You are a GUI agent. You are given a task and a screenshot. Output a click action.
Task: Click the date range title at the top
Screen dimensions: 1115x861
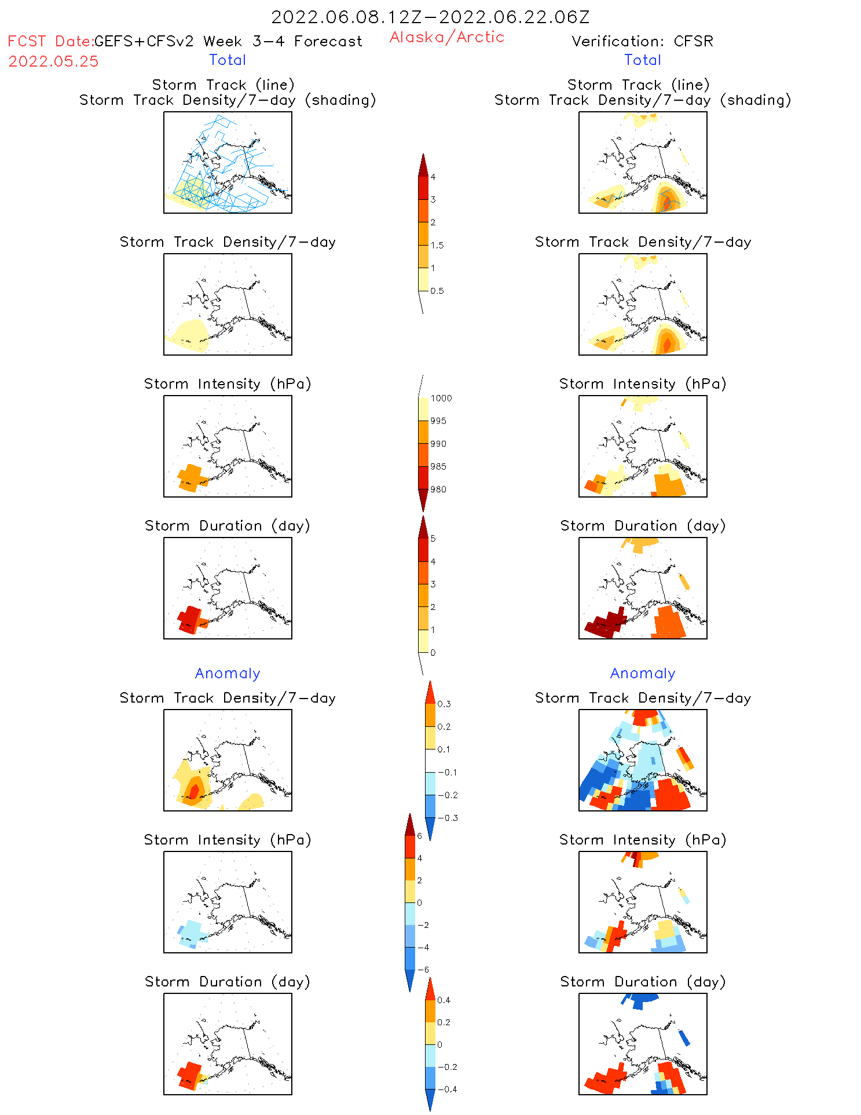(x=430, y=17)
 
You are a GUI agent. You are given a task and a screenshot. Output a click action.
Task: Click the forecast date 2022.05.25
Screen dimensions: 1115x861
(x=53, y=61)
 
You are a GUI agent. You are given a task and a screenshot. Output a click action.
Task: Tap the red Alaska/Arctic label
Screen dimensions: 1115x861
(x=446, y=37)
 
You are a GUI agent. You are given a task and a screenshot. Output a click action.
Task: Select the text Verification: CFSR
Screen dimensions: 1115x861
(x=642, y=41)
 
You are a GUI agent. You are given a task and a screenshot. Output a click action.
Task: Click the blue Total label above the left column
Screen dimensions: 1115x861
(x=228, y=60)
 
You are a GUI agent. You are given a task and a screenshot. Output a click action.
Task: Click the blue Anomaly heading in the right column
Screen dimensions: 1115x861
(x=643, y=673)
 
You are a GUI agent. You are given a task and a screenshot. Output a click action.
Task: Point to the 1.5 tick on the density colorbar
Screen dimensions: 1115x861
(x=437, y=245)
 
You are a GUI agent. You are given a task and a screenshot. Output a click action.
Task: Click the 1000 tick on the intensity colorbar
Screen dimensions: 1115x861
(x=441, y=398)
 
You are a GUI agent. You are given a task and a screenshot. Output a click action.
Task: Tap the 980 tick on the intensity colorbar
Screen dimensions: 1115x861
(x=438, y=489)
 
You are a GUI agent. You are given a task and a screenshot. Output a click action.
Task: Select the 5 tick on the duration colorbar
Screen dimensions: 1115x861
(x=433, y=539)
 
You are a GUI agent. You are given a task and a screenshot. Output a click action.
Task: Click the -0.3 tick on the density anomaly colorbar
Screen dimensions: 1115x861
(x=447, y=818)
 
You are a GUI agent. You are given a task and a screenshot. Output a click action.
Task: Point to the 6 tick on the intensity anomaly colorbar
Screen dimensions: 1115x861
(x=419, y=836)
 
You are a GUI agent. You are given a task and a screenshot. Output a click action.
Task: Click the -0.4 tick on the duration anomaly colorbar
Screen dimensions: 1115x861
(x=446, y=1089)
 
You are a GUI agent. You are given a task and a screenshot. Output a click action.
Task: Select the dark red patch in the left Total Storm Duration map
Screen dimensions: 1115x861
(x=189, y=619)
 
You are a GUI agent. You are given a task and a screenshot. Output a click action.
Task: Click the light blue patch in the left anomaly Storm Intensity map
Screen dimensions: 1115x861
(x=192, y=933)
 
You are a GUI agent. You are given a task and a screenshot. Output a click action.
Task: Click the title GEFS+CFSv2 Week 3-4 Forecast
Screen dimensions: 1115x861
(x=228, y=41)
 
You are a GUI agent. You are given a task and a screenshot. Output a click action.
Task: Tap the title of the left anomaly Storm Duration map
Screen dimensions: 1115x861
(x=228, y=982)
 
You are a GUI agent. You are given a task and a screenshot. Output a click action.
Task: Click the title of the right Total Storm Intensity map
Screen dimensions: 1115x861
(x=643, y=384)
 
